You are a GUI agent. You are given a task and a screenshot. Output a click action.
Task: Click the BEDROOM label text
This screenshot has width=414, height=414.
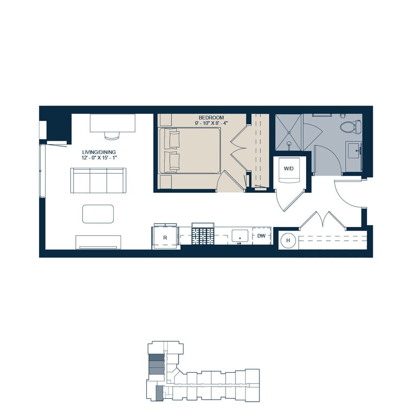[211, 118]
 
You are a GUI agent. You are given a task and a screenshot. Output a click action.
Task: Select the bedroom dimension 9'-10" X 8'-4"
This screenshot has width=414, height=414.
[211, 124]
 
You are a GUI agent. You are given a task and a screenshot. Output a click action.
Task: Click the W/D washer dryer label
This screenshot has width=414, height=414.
[289, 168]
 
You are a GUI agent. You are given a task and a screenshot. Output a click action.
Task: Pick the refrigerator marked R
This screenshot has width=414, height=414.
[165, 237]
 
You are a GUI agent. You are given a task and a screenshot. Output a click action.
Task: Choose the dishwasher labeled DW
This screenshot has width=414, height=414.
[261, 236]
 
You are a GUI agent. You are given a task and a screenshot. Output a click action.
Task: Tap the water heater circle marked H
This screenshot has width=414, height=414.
[288, 240]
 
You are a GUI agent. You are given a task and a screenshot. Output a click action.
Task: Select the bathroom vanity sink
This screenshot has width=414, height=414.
[354, 150]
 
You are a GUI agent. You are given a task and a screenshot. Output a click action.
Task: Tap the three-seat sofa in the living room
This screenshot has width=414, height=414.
[98, 180]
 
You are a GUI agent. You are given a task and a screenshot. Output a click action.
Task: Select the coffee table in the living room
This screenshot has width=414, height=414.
[98, 214]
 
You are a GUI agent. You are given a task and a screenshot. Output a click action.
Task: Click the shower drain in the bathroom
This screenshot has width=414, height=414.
[290, 144]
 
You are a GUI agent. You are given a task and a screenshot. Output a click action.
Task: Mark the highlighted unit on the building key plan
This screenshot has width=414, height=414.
[158, 392]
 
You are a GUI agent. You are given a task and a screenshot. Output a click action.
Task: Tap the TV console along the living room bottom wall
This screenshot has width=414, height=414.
[98, 241]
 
